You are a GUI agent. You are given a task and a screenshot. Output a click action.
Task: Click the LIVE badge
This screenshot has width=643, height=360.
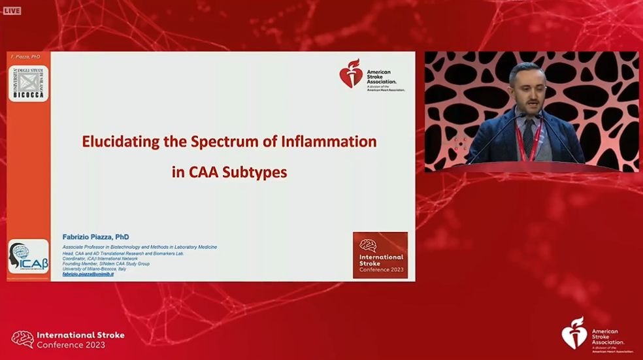[x=12, y=10]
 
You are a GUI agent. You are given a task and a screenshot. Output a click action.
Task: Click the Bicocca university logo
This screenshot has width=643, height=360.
[x=28, y=84]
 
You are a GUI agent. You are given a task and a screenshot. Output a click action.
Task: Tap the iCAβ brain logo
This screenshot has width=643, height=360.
[x=28, y=257]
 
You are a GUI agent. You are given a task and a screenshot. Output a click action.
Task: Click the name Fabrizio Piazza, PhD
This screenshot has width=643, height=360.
[x=95, y=237]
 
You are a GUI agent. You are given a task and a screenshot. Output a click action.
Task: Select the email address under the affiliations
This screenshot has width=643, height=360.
[x=88, y=274]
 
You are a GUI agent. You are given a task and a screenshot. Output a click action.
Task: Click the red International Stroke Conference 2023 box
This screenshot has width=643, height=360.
[x=380, y=255]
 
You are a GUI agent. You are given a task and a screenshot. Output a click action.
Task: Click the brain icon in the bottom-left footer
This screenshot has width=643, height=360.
[x=22, y=339]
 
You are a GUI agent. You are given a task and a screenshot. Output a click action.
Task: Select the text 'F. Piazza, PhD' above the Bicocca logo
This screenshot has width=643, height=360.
[x=26, y=57]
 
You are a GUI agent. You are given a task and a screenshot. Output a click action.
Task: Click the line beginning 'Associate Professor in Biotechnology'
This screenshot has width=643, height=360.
[x=139, y=247]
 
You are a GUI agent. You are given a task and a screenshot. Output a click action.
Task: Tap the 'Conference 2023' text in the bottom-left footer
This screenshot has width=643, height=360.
[x=62, y=344]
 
